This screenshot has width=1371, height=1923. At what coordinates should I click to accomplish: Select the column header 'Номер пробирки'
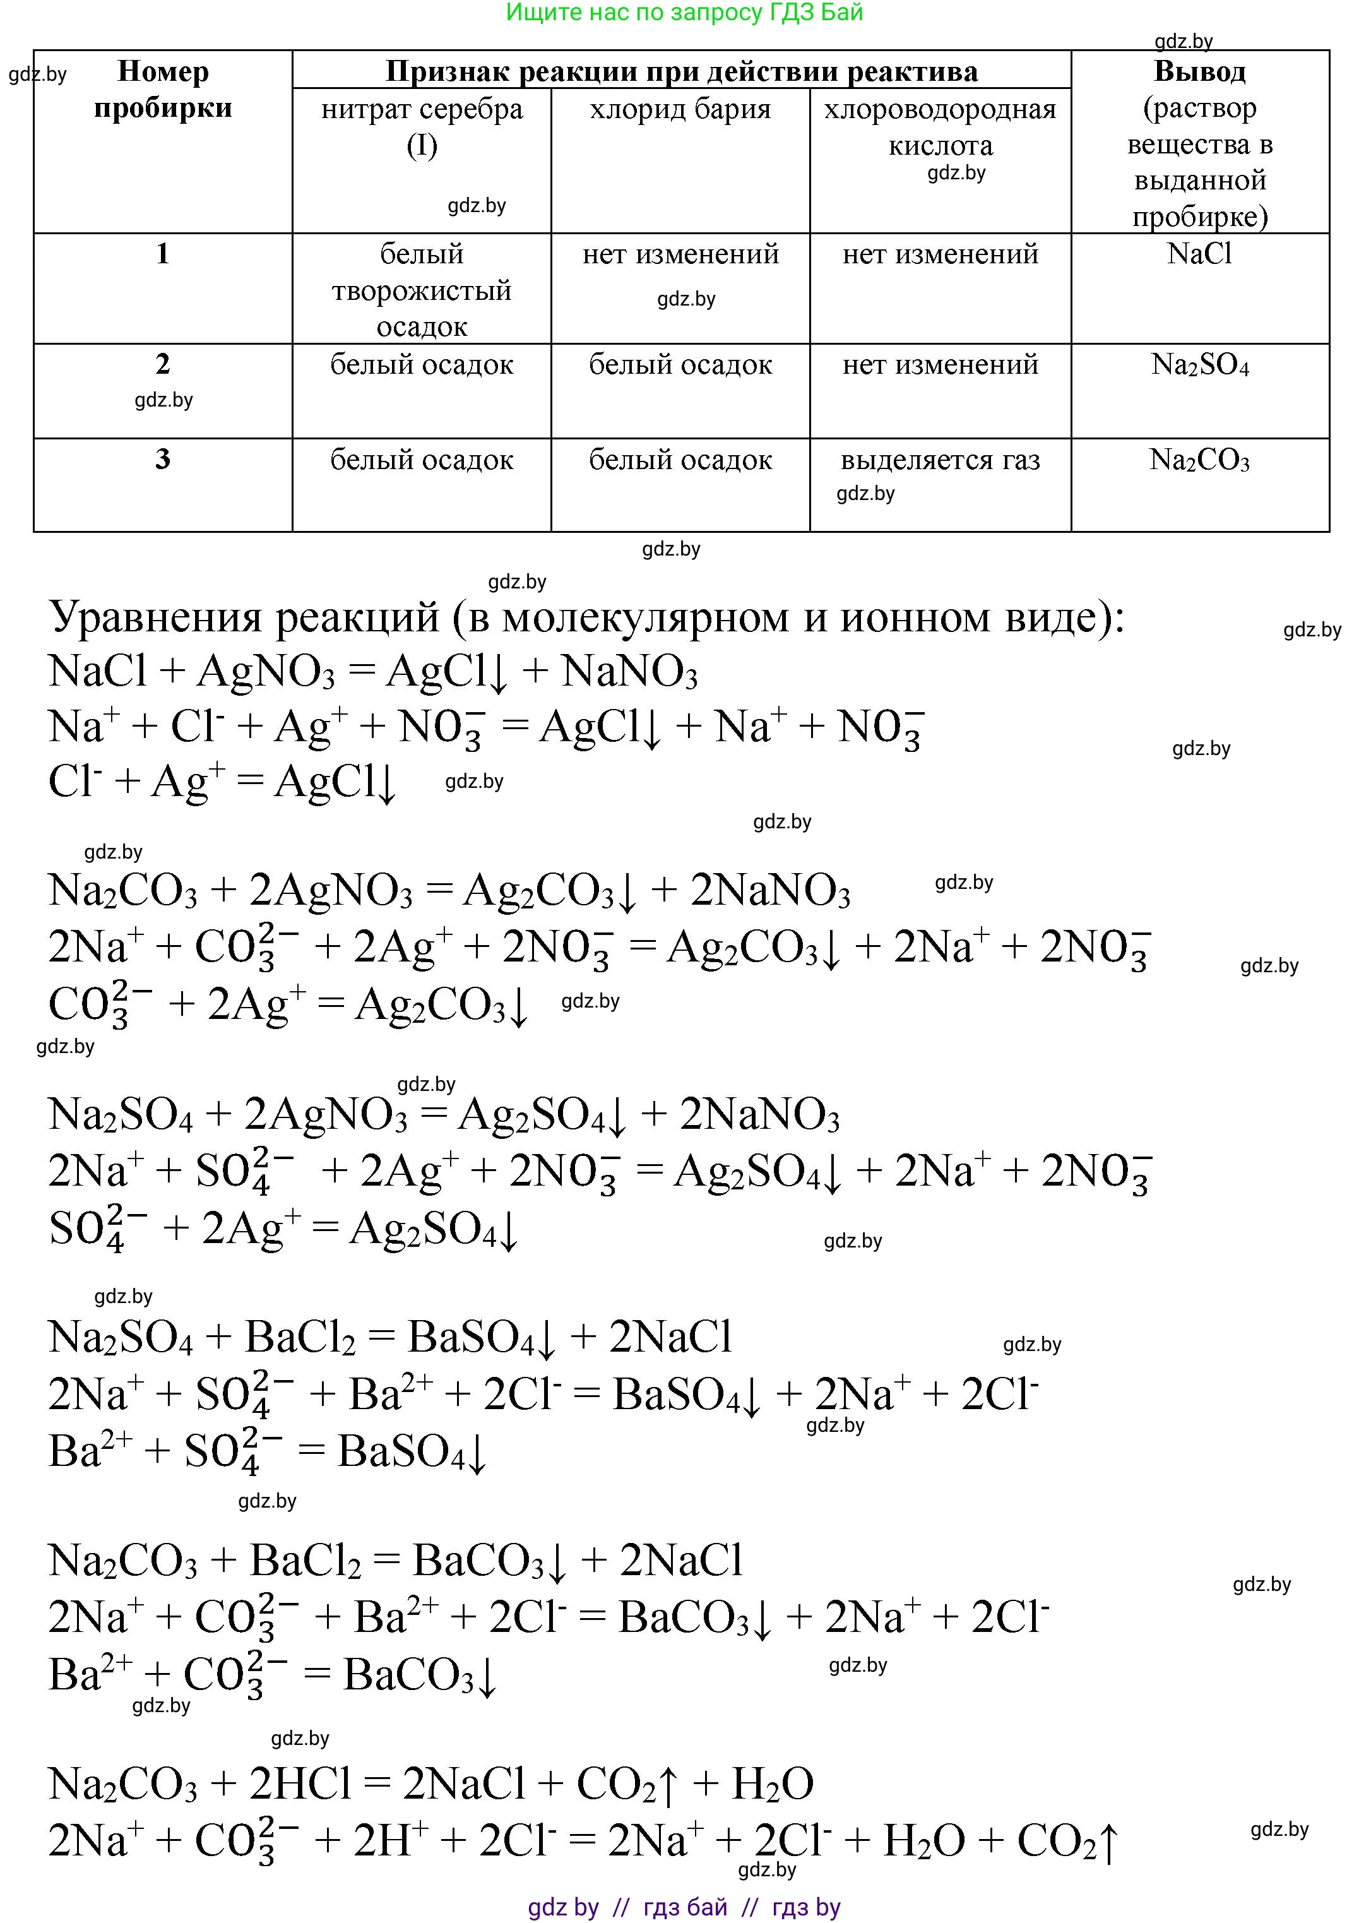163,90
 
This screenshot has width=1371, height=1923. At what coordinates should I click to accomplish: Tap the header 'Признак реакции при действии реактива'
681,71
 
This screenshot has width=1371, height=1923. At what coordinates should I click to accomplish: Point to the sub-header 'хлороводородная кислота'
940,127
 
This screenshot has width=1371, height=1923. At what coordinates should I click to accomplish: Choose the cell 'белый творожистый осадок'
421,290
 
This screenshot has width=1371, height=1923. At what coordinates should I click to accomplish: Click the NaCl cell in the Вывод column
1199,253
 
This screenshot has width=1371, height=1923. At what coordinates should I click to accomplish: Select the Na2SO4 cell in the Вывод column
1199,365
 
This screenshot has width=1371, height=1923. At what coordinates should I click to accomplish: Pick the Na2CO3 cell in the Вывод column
1199,460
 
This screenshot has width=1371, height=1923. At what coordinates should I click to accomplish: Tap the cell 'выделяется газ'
940,460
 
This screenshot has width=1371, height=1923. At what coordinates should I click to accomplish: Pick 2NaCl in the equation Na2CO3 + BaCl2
680,1561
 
